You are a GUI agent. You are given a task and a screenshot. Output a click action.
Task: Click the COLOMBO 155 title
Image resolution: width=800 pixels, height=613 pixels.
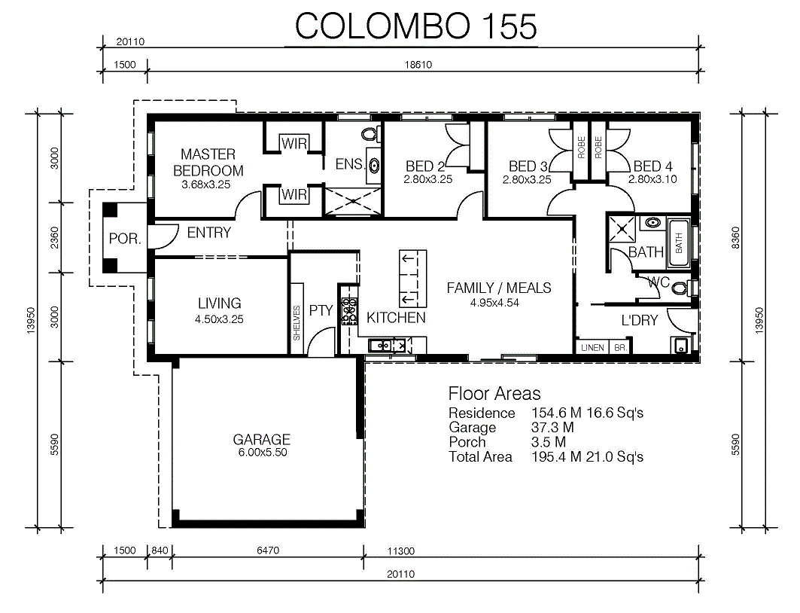[x=416, y=26]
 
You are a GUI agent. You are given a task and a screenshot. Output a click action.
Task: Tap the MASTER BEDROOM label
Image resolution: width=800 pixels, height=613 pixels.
[x=208, y=163]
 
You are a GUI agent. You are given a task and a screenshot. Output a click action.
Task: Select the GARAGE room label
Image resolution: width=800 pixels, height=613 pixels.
[x=262, y=439]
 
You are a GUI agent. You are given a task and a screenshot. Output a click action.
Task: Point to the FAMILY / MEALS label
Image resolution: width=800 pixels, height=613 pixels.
[x=499, y=288]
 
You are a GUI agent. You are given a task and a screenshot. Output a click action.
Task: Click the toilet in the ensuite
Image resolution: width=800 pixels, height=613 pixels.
[x=369, y=134]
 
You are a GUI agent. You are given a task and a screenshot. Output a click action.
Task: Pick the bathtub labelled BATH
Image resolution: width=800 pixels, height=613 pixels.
[x=679, y=243]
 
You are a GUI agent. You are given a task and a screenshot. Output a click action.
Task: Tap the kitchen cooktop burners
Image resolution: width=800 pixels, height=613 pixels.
[x=349, y=311]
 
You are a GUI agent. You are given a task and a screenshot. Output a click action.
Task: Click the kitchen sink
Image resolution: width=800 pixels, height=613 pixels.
[x=382, y=346]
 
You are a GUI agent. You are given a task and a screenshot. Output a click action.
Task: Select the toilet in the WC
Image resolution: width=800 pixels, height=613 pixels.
[x=680, y=288]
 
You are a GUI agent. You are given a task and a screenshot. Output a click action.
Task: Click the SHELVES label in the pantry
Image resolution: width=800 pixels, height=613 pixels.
[x=297, y=323]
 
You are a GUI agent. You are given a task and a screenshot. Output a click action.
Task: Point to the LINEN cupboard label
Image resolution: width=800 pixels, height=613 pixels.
[x=592, y=348]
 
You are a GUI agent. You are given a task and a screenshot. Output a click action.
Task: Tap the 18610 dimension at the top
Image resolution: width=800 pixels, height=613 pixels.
[x=418, y=65]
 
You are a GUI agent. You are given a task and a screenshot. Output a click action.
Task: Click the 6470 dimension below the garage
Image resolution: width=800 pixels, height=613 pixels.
[x=268, y=550]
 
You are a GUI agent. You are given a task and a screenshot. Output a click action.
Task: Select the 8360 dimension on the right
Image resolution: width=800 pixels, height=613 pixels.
[x=735, y=238]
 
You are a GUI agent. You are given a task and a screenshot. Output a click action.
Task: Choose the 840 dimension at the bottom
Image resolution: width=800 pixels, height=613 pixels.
[x=160, y=550]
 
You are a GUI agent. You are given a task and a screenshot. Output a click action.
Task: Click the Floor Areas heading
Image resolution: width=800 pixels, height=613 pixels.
[x=494, y=394]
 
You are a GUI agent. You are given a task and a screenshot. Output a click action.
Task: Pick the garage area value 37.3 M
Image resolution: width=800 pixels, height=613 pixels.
[x=552, y=427]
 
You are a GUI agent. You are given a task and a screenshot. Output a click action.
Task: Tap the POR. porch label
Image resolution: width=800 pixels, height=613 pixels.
[x=125, y=239]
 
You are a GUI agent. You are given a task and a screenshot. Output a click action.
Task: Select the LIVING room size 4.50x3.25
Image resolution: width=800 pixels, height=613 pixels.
[x=219, y=319]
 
